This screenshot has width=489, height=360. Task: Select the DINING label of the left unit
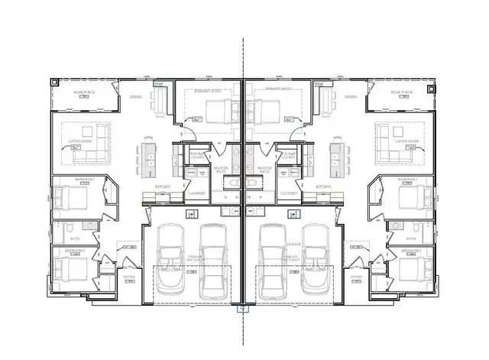click(135, 97)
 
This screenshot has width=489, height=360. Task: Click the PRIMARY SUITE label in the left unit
click(208, 90)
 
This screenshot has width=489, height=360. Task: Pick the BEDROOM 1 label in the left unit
click(84, 180)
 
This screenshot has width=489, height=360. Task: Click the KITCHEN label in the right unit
click(323, 186)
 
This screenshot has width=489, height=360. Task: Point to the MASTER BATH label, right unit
click(264, 170)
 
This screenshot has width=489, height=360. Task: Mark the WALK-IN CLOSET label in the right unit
click(291, 155)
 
